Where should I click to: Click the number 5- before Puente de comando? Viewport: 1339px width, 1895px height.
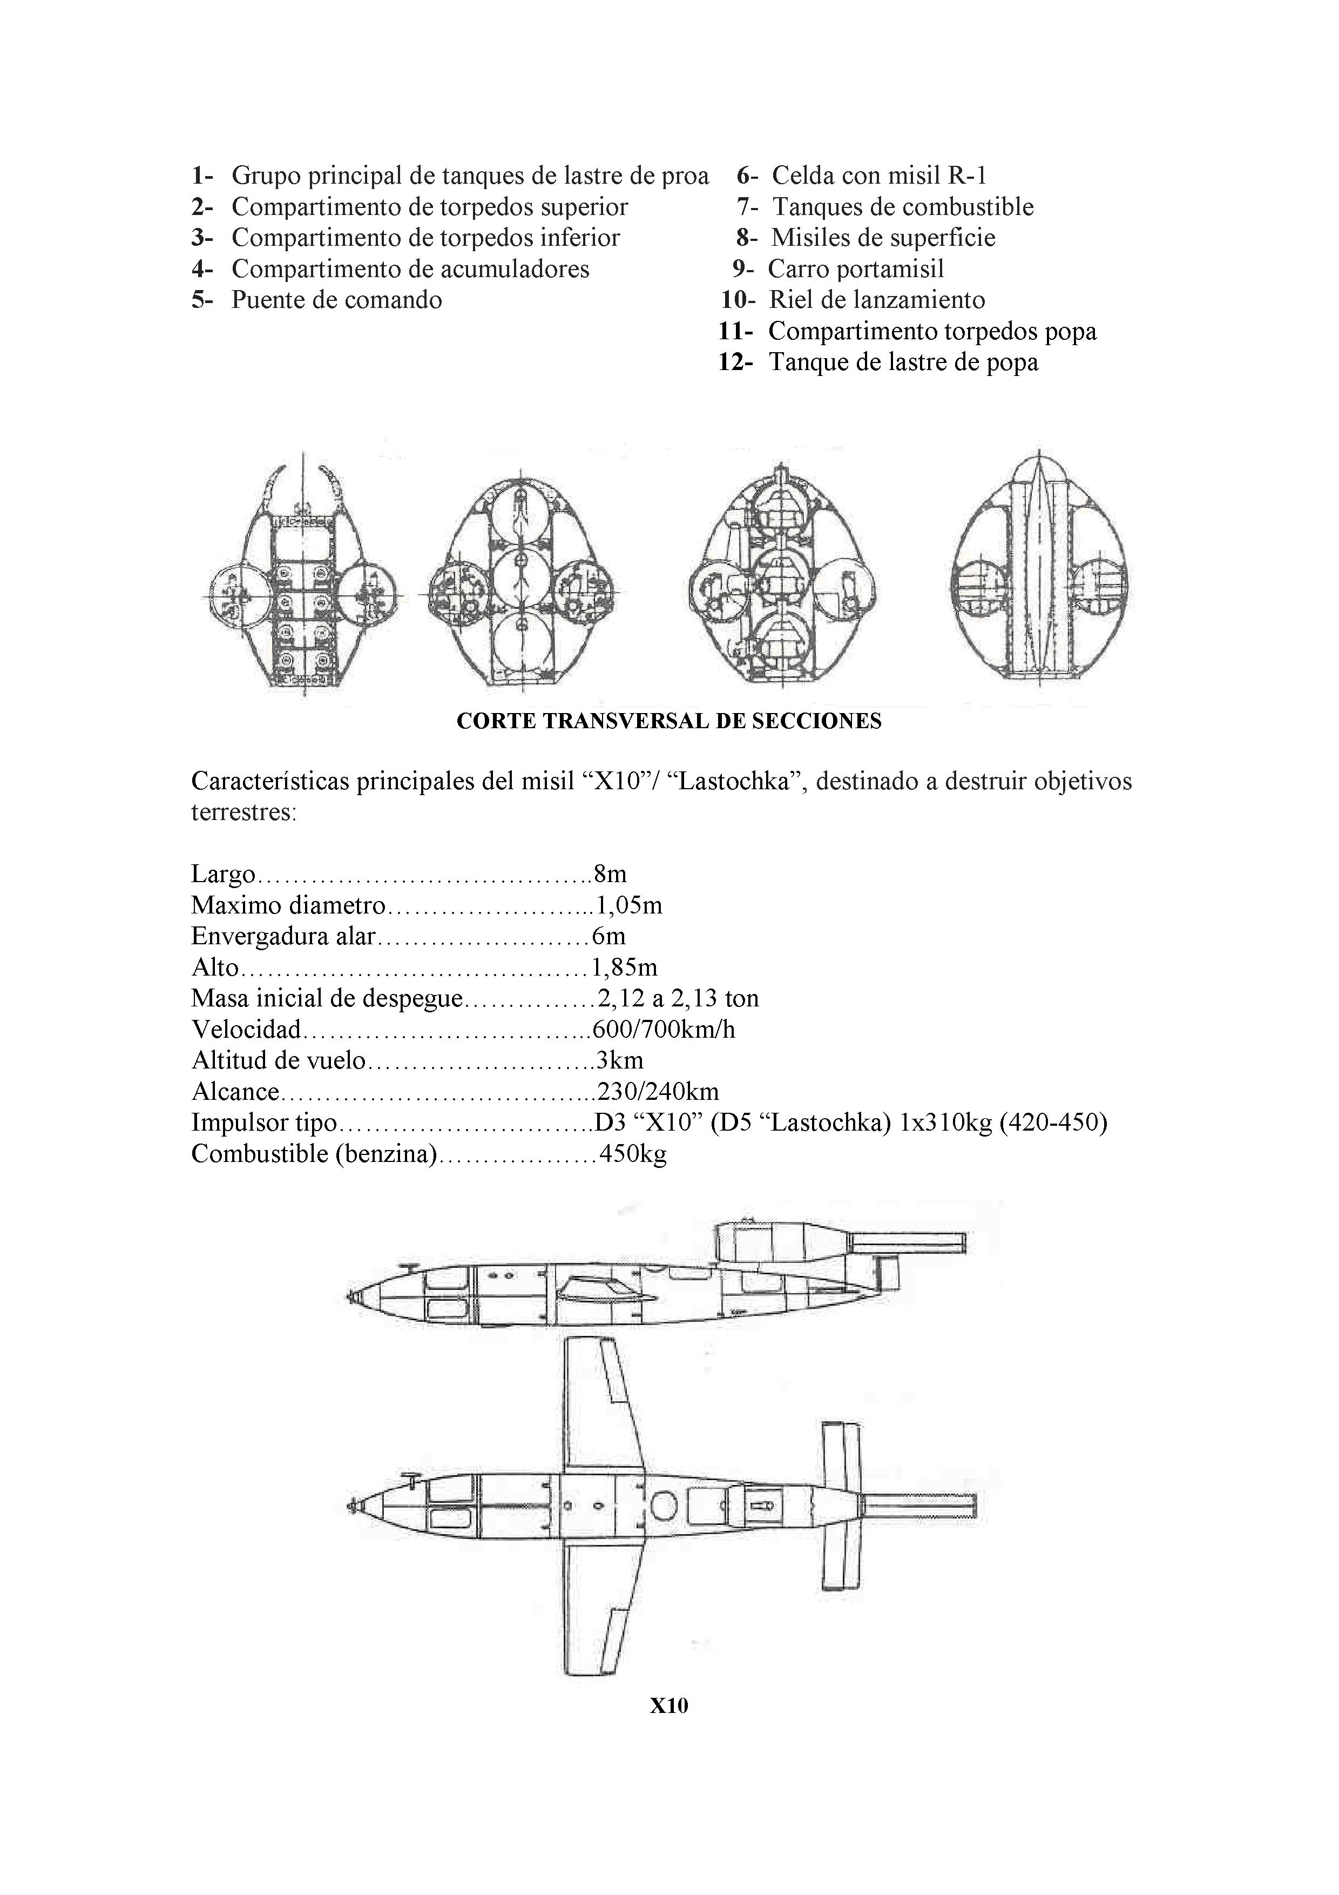coord(201,300)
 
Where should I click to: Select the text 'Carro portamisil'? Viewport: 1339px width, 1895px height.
coord(856,269)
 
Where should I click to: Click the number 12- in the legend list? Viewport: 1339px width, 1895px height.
coord(735,362)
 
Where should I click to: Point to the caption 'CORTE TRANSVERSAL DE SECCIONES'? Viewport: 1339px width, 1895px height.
coord(668,721)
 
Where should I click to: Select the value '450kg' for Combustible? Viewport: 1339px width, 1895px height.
coord(633,1154)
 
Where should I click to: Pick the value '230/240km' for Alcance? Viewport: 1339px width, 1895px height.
coord(658,1092)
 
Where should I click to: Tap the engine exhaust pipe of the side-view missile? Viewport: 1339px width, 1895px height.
coord(908,1242)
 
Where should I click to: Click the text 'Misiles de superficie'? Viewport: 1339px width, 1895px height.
coord(883,238)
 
